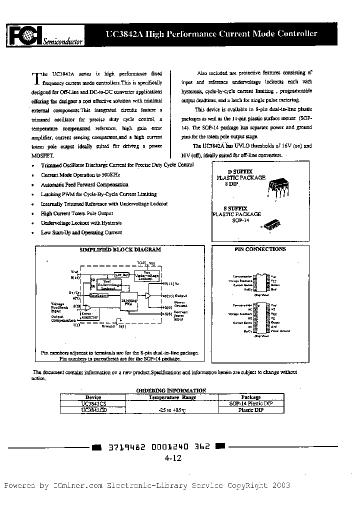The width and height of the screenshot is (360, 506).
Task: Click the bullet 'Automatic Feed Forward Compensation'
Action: [84, 184]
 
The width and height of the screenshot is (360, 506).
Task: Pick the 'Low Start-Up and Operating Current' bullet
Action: [81, 232]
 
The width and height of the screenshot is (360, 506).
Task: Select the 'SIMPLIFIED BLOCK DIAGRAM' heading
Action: [120, 249]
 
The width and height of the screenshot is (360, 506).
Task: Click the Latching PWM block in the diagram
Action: [129, 301]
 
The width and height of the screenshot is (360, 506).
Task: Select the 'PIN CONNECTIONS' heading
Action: [260, 249]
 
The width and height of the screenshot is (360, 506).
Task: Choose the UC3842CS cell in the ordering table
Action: [93, 403]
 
